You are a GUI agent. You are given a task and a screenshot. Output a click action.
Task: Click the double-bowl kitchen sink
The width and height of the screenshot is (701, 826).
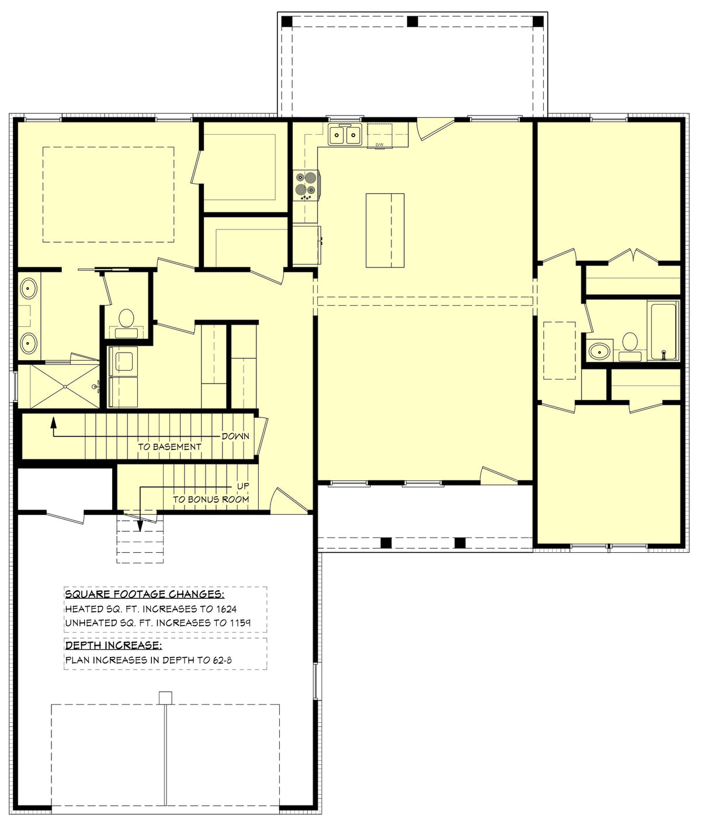[x=344, y=135]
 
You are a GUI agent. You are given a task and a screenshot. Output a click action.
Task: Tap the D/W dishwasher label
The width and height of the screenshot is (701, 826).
[x=379, y=144]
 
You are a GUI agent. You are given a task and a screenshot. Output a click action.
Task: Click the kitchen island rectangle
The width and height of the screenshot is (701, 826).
[x=385, y=230]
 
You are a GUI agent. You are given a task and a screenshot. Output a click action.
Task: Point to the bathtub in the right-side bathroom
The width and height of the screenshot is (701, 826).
[x=663, y=331]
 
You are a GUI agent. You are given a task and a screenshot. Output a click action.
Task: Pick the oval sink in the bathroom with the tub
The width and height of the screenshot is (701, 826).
[x=599, y=351]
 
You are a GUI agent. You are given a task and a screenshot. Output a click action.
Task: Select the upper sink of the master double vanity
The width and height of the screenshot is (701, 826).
[x=28, y=288]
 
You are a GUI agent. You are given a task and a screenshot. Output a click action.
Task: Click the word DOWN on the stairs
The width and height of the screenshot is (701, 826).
[x=235, y=436]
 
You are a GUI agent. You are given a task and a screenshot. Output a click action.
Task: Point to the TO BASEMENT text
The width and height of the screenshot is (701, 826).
[x=169, y=447]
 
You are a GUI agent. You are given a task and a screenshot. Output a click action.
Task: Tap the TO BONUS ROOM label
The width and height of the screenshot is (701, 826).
[x=210, y=500]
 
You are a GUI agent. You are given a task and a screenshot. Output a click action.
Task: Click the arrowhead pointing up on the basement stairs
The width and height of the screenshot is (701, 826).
[x=53, y=420]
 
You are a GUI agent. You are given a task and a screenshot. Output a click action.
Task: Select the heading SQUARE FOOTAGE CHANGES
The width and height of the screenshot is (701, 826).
[x=144, y=594]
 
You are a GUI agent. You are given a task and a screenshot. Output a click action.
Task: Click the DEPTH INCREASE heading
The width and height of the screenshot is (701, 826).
[x=113, y=646]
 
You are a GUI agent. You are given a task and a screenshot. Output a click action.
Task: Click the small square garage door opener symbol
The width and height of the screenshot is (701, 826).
[x=166, y=697]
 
